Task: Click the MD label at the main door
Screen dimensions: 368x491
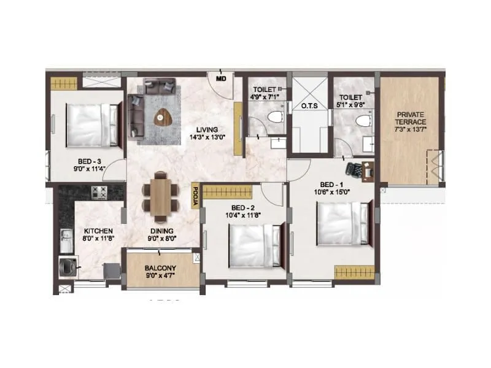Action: tap(221, 79)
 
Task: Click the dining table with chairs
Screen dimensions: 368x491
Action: tap(161, 196)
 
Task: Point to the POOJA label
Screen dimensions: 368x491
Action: tap(195, 197)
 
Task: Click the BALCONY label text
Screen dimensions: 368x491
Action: tap(160, 268)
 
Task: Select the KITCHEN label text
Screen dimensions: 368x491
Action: tap(98, 231)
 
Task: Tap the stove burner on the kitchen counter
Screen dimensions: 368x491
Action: tap(99, 192)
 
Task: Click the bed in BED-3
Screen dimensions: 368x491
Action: tap(92, 125)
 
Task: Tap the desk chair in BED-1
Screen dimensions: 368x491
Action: tap(354, 168)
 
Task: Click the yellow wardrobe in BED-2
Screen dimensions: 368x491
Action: tap(227, 191)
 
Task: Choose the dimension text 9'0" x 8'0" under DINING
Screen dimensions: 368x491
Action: tap(160, 239)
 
